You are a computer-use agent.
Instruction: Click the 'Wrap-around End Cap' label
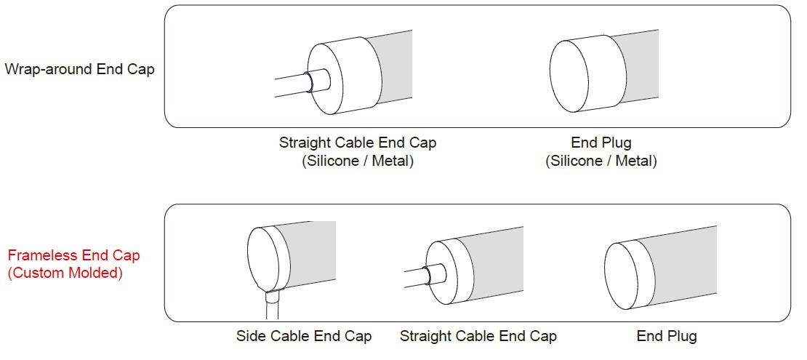(79, 69)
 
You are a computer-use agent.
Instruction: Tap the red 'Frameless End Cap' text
(73, 255)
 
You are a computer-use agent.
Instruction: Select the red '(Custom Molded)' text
(65, 273)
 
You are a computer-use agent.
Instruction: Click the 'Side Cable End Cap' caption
(304, 337)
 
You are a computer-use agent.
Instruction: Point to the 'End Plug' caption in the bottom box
(667, 337)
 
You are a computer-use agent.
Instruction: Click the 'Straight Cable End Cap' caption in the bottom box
(478, 337)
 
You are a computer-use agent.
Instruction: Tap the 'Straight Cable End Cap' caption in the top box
(358, 143)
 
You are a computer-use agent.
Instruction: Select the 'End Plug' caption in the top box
(601, 143)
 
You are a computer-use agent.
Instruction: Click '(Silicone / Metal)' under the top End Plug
(601, 161)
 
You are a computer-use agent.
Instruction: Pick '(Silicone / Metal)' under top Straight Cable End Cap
(358, 161)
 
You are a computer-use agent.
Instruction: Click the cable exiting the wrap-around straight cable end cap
(291, 86)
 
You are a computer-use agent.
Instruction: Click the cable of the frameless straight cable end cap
(417, 277)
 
